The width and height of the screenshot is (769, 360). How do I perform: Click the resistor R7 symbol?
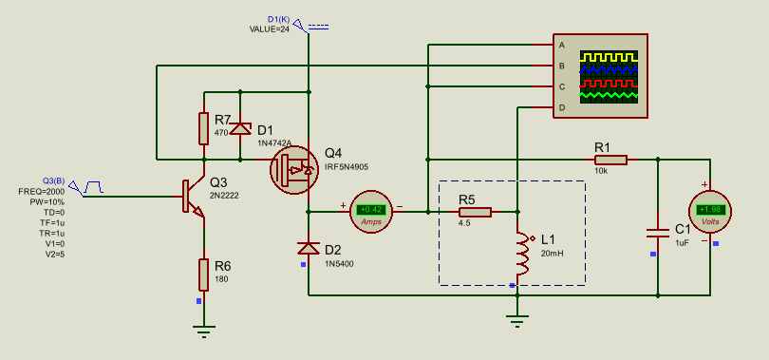pyautogui.click(x=203, y=128)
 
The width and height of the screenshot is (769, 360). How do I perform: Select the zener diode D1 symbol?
pyautogui.click(x=240, y=128)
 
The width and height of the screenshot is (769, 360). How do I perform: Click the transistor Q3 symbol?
pyautogui.click(x=193, y=197)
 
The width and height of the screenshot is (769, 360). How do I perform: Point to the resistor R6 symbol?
pyautogui.click(x=203, y=275)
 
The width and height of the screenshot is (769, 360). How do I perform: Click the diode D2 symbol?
pyautogui.click(x=309, y=249)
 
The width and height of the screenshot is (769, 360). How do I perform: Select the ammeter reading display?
pyautogui.click(x=371, y=210)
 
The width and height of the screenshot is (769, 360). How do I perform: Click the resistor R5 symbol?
pyautogui.click(x=475, y=212)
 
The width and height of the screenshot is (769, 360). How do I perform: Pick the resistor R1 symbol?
pyautogui.click(x=610, y=160)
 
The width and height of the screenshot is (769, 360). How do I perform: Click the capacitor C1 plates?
pyautogui.click(x=658, y=233)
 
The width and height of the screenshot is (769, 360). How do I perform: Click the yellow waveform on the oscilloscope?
pyautogui.click(x=610, y=57)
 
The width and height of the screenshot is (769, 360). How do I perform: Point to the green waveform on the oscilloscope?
pyautogui.click(x=610, y=95)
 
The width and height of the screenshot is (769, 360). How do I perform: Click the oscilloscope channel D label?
pyautogui.click(x=561, y=107)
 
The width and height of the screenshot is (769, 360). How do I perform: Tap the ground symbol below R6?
pyautogui.click(x=203, y=332)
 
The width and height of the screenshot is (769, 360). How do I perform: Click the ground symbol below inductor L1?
pyautogui.click(x=516, y=321)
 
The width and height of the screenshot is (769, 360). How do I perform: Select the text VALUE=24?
pyautogui.click(x=270, y=28)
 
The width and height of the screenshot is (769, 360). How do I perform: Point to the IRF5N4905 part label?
pyautogui.click(x=347, y=167)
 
